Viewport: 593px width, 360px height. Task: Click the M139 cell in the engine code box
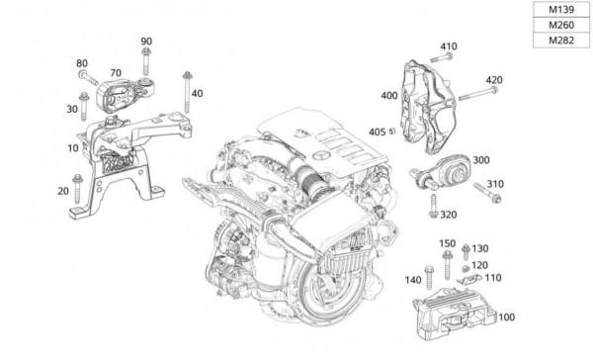tap(561, 10)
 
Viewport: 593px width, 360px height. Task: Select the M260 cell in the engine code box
tap(561, 25)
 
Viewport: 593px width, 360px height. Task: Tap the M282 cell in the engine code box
tap(561, 41)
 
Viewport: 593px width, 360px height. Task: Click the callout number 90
tap(146, 42)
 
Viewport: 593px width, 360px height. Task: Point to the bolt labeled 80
tap(89, 77)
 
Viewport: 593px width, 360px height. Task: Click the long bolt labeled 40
tap(187, 92)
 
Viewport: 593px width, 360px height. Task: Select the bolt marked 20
tap(77, 189)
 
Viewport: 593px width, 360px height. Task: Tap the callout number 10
tap(73, 148)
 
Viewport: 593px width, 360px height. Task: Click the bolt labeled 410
tap(442, 58)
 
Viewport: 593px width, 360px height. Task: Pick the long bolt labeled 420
tap(478, 94)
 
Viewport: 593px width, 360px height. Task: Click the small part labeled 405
tap(391, 131)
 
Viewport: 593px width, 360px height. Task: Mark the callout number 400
tap(389, 96)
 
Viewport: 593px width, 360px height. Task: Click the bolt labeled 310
tap(487, 192)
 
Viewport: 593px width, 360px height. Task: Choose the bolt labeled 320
tap(434, 207)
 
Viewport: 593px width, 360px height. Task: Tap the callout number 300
tap(481, 160)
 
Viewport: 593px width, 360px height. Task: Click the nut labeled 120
tap(466, 268)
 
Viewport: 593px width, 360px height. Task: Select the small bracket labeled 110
tap(469, 279)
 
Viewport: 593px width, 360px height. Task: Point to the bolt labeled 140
tap(429, 278)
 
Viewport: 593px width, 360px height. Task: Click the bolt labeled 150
tap(448, 265)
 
